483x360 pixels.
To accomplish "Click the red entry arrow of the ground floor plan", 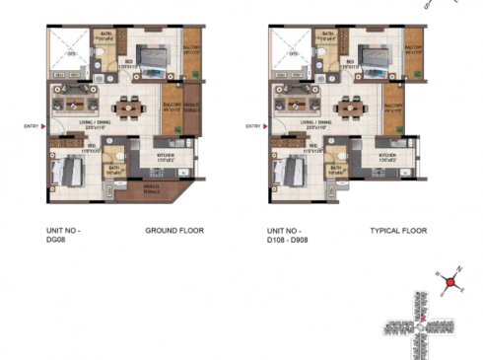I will pos(44,125).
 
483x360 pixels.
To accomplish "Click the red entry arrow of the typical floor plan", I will pos(267,125).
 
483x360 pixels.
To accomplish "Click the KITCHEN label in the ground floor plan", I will pos(164,155).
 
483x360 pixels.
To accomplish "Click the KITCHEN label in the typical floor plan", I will pos(386,155).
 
